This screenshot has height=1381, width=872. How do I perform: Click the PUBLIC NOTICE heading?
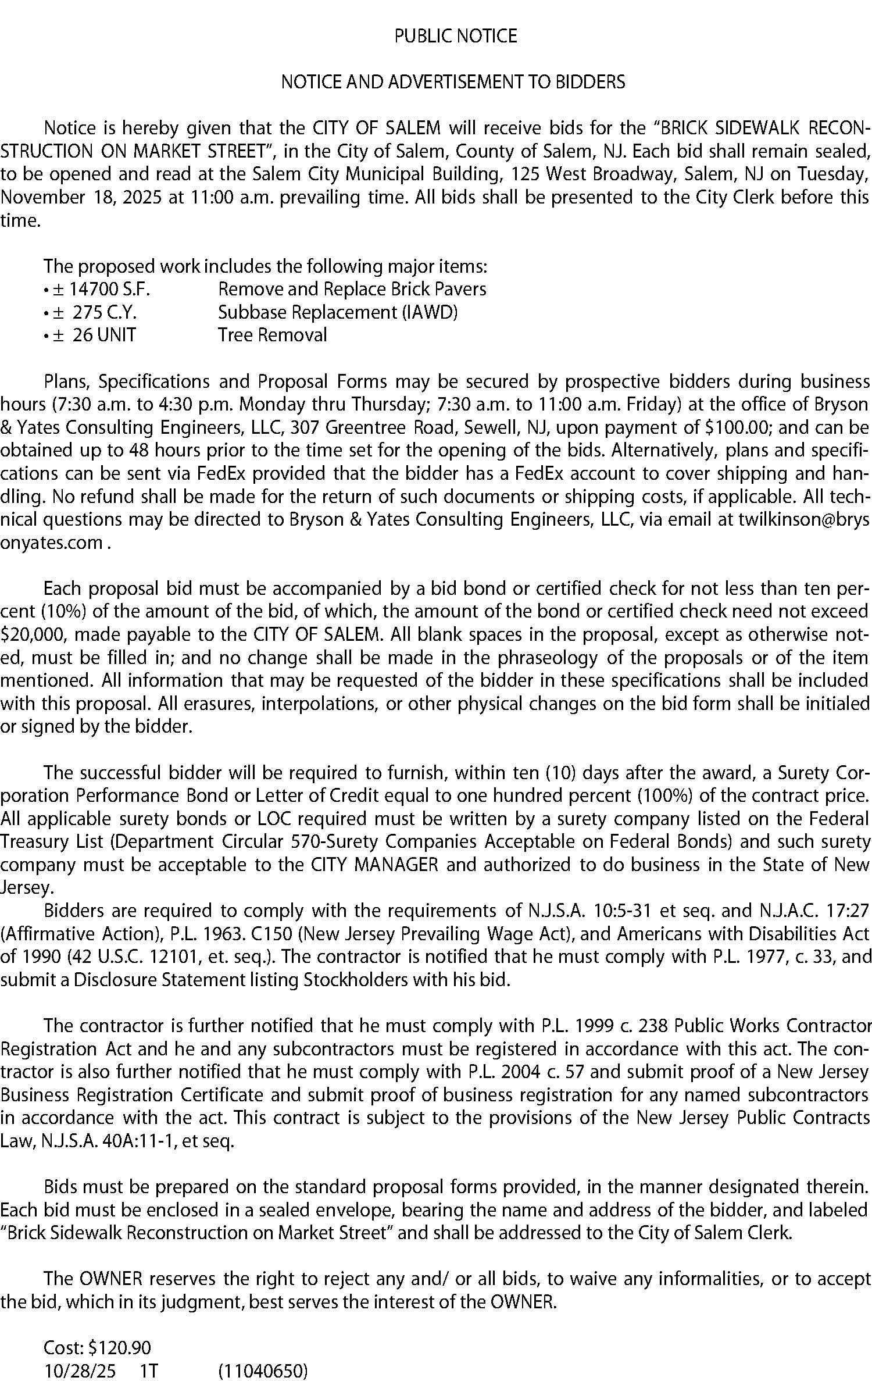click(455, 37)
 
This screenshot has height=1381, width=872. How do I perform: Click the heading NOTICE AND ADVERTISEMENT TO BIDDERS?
click(453, 82)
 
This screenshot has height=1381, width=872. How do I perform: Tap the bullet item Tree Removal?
click(272, 336)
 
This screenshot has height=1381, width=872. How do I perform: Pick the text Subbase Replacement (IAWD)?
click(337, 313)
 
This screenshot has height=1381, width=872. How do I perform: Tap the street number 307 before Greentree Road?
click(303, 427)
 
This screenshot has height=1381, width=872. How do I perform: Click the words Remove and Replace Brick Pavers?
click(352, 290)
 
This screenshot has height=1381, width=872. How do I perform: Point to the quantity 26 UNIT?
click(100, 336)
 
